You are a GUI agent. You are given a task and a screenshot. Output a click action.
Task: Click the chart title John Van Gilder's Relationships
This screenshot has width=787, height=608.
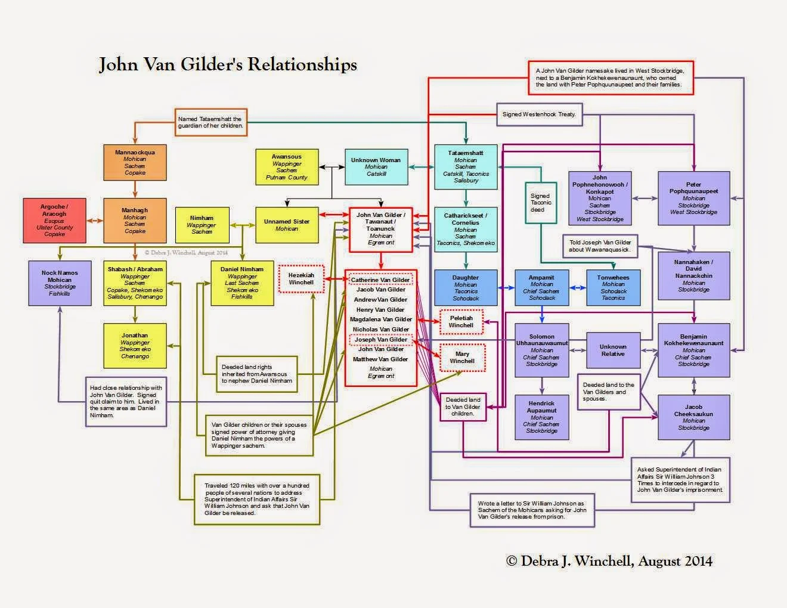click(228, 64)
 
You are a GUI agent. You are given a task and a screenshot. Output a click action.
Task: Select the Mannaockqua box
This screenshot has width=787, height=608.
click(135, 162)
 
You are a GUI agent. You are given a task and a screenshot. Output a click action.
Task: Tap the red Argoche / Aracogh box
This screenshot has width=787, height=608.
click(54, 221)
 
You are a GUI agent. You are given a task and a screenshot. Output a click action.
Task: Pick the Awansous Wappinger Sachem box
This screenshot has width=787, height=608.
click(287, 167)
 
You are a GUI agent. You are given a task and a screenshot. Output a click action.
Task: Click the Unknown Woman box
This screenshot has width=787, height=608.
click(376, 167)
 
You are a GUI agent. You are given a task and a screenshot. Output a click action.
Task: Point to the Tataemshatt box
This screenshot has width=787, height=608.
click(466, 166)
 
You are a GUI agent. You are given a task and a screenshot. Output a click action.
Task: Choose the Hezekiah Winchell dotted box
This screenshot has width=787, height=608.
click(301, 279)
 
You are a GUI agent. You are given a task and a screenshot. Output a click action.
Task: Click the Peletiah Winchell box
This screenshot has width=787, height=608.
click(461, 322)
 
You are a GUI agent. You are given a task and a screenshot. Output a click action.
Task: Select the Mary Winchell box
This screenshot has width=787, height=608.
click(462, 357)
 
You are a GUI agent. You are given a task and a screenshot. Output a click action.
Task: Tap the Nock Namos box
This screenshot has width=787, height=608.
click(60, 283)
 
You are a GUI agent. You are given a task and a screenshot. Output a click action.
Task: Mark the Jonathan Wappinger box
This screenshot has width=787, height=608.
click(135, 346)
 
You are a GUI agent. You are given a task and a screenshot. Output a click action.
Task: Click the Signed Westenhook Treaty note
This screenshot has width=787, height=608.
click(540, 114)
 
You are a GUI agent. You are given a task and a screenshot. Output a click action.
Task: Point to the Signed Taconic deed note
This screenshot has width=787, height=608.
click(540, 203)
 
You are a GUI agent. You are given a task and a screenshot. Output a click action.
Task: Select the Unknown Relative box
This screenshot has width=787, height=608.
click(613, 350)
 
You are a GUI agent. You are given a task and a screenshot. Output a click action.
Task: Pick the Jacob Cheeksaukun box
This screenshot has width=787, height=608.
click(693, 417)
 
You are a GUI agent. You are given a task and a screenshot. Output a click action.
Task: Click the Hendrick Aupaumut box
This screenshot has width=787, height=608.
click(541, 417)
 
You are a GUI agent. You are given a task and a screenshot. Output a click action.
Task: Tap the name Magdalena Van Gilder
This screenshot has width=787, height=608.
click(381, 319)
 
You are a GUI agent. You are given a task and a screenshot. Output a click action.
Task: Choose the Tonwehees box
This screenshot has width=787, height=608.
click(614, 287)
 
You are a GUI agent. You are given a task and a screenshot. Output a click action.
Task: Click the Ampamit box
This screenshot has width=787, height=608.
click(541, 287)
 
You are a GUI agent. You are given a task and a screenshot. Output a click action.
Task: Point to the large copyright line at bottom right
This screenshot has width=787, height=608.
click(609, 561)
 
